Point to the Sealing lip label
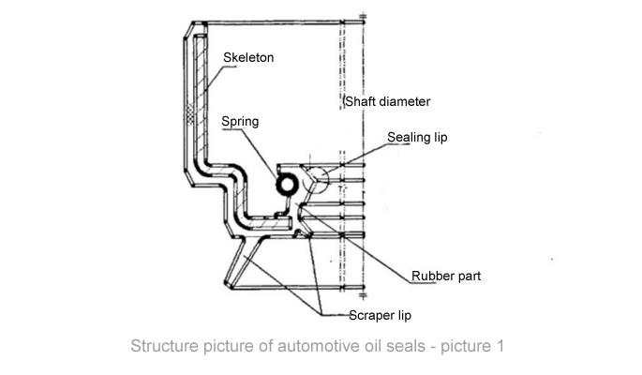(417, 138)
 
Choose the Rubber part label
(447, 277)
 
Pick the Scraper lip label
(380, 316)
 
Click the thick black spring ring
(284, 183)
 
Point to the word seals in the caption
(405, 346)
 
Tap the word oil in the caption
(371, 346)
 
